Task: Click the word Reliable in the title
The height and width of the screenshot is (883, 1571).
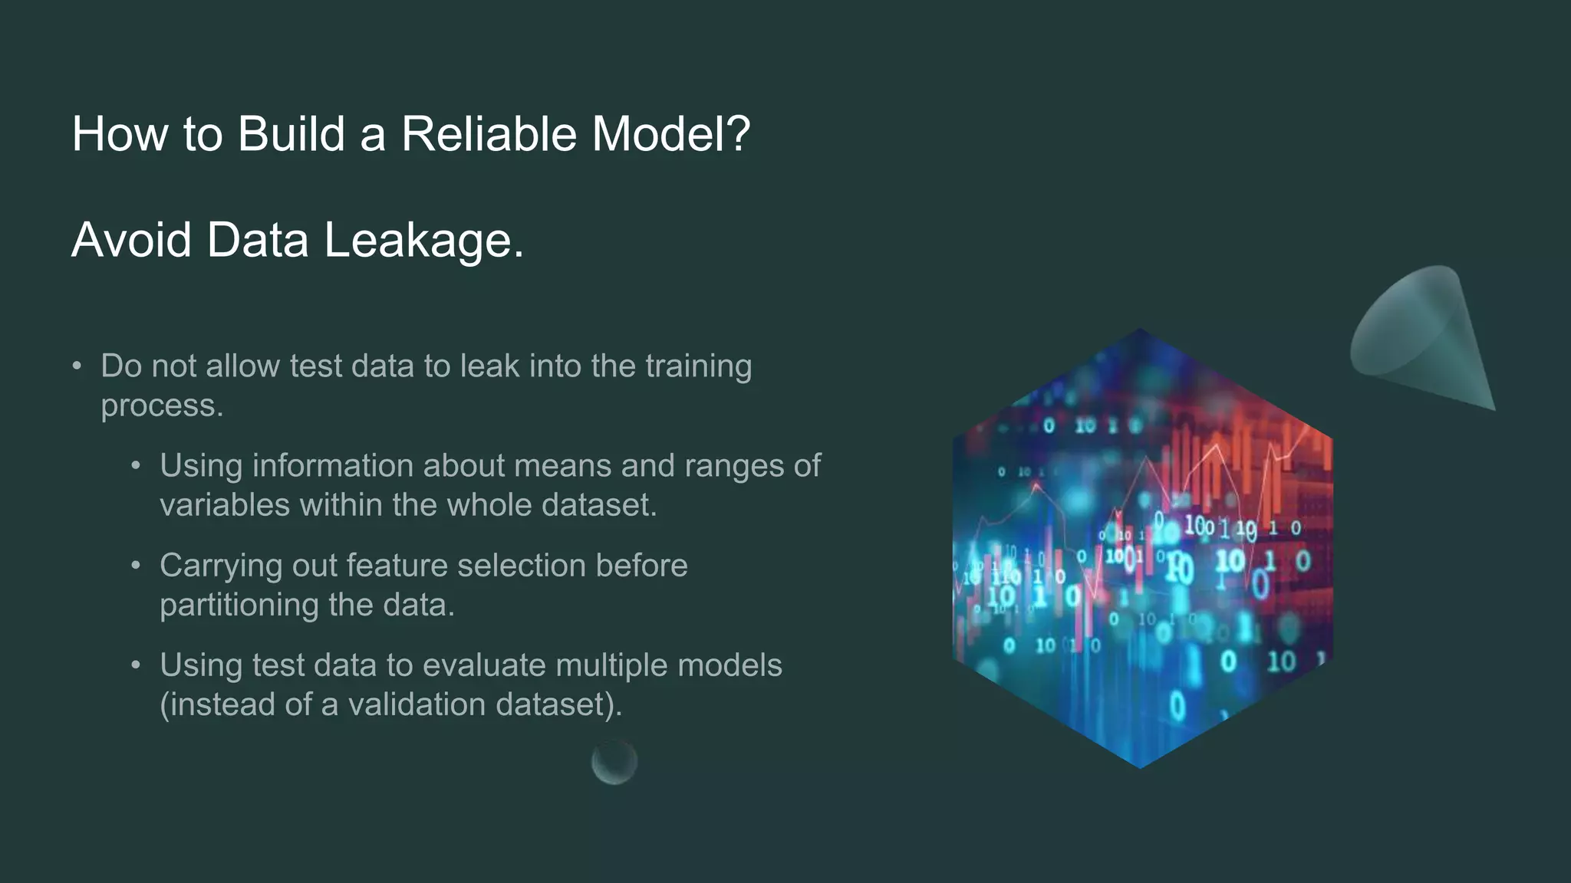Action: click(489, 134)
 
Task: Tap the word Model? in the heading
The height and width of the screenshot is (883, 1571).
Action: click(670, 134)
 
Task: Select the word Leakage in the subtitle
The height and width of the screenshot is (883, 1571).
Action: click(423, 240)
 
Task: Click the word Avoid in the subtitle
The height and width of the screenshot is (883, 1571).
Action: click(131, 240)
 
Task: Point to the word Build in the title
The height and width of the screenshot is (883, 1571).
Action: click(291, 134)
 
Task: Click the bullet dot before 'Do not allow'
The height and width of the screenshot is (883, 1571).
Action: click(77, 366)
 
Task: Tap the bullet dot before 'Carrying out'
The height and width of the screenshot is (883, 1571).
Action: click(136, 566)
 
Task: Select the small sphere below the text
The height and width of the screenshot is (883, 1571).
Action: click(614, 762)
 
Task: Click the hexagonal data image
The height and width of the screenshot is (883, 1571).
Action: click(1141, 549)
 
